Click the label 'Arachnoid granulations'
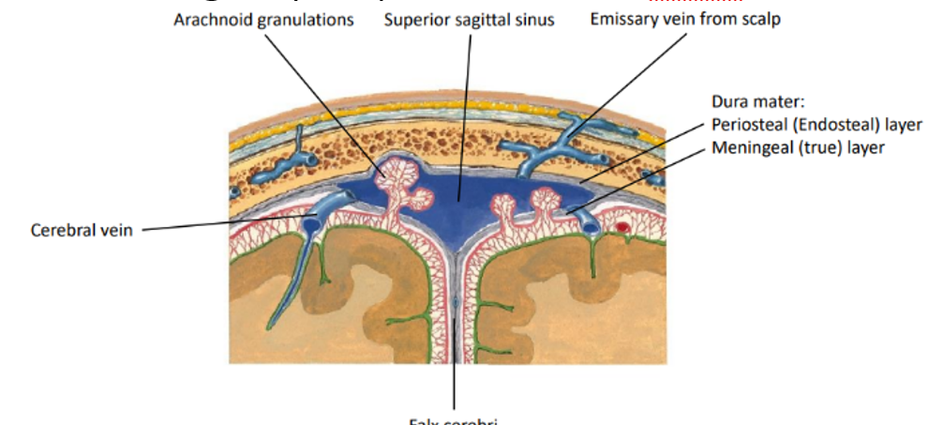pos(263,19)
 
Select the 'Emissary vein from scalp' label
pos(684,19)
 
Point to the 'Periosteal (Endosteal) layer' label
pos(816,125)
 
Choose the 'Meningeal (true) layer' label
pos(798,147)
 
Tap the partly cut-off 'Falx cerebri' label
pos(455,419)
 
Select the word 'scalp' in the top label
pos(759,19)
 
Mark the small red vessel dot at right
pos(622,227)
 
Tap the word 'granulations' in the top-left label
pos(304,19)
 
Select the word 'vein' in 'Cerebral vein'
pos(117,230)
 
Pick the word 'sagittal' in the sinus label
pos(474,19)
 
